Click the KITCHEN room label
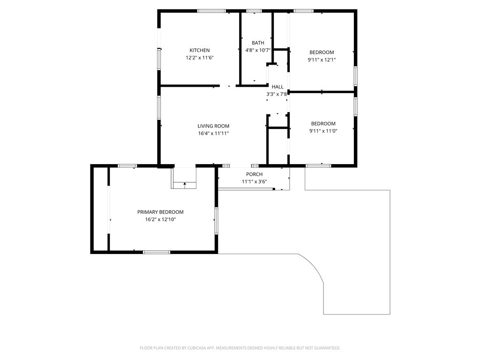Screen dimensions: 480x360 pos(200,50)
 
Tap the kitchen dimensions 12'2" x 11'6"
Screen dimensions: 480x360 pos(200,58)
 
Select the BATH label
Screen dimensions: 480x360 pos(258,43)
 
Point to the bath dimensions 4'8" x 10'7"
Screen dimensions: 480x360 pos(258,50)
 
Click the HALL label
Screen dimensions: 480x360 pos(277,87)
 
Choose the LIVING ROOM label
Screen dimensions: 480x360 pos(213,126)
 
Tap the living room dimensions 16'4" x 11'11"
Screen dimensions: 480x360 pos(213,133)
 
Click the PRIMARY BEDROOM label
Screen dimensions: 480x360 pos(160,212)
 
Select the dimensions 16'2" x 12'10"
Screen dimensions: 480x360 pos(160,219)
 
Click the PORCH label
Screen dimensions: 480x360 pos(255,174)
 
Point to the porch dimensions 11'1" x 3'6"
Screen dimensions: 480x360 pos(255,181)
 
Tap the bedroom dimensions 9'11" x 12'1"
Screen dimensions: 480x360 pos(322,60)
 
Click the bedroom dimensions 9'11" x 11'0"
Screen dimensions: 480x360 pos(323,131)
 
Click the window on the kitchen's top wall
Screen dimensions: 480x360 pos(211,11)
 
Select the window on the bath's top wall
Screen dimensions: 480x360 pos(254,11)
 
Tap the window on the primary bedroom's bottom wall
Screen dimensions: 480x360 pos(157,252)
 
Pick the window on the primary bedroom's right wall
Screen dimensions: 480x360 pos(216,221)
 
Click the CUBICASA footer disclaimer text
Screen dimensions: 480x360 pos(240,348)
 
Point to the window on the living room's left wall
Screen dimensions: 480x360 pos(159,107)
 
